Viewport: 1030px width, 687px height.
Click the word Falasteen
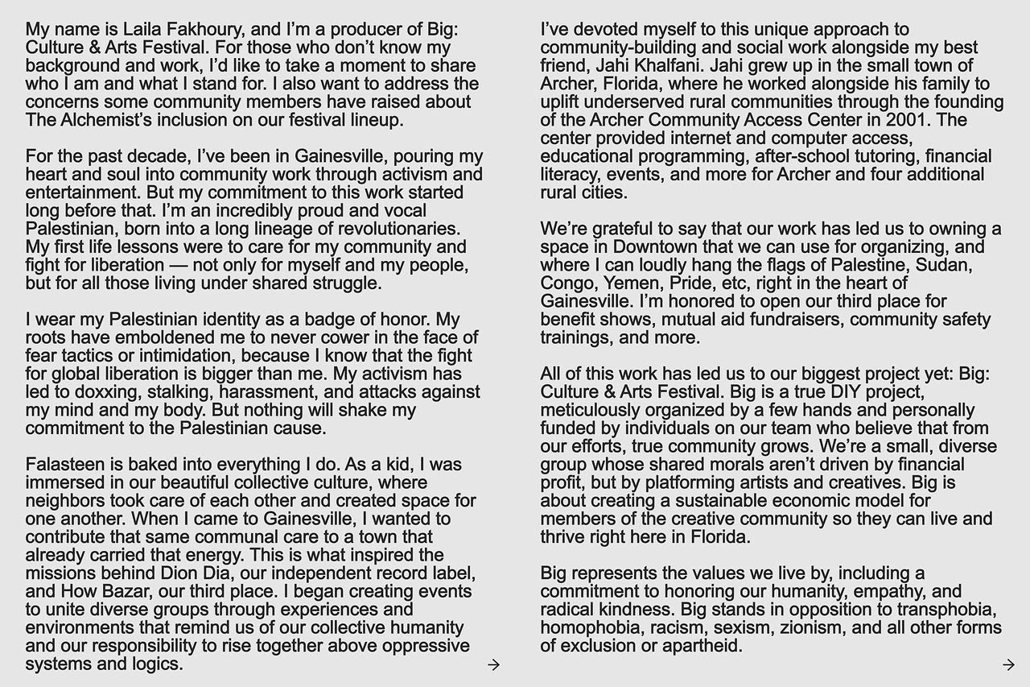pyautogui.click(x=64, y=465)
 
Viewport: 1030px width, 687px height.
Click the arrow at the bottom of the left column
pyautogui.click(x=494, y=664)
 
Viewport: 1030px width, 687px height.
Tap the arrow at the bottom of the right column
pyautogui.click(x=1008, y=664)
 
